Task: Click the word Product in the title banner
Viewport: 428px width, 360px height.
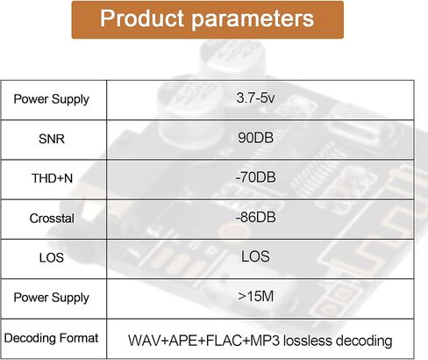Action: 142,18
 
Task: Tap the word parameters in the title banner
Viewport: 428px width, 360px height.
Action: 253,19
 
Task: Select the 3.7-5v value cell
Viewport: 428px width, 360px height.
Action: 255,97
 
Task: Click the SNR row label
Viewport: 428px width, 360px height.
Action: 52,139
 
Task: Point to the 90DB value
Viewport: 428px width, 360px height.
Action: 255,138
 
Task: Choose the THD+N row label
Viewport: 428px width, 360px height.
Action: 52,178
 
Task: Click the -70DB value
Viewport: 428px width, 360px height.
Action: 255,177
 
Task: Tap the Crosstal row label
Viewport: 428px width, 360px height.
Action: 52,218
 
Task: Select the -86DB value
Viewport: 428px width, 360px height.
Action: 255,217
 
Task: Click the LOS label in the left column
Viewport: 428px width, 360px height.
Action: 52,258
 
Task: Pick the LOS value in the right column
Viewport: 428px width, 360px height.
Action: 255,256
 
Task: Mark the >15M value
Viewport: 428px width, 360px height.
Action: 256,297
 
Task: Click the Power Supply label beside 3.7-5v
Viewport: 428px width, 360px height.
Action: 52,99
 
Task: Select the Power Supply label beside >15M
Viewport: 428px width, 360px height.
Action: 52,298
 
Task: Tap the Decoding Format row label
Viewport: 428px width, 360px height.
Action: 51,338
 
